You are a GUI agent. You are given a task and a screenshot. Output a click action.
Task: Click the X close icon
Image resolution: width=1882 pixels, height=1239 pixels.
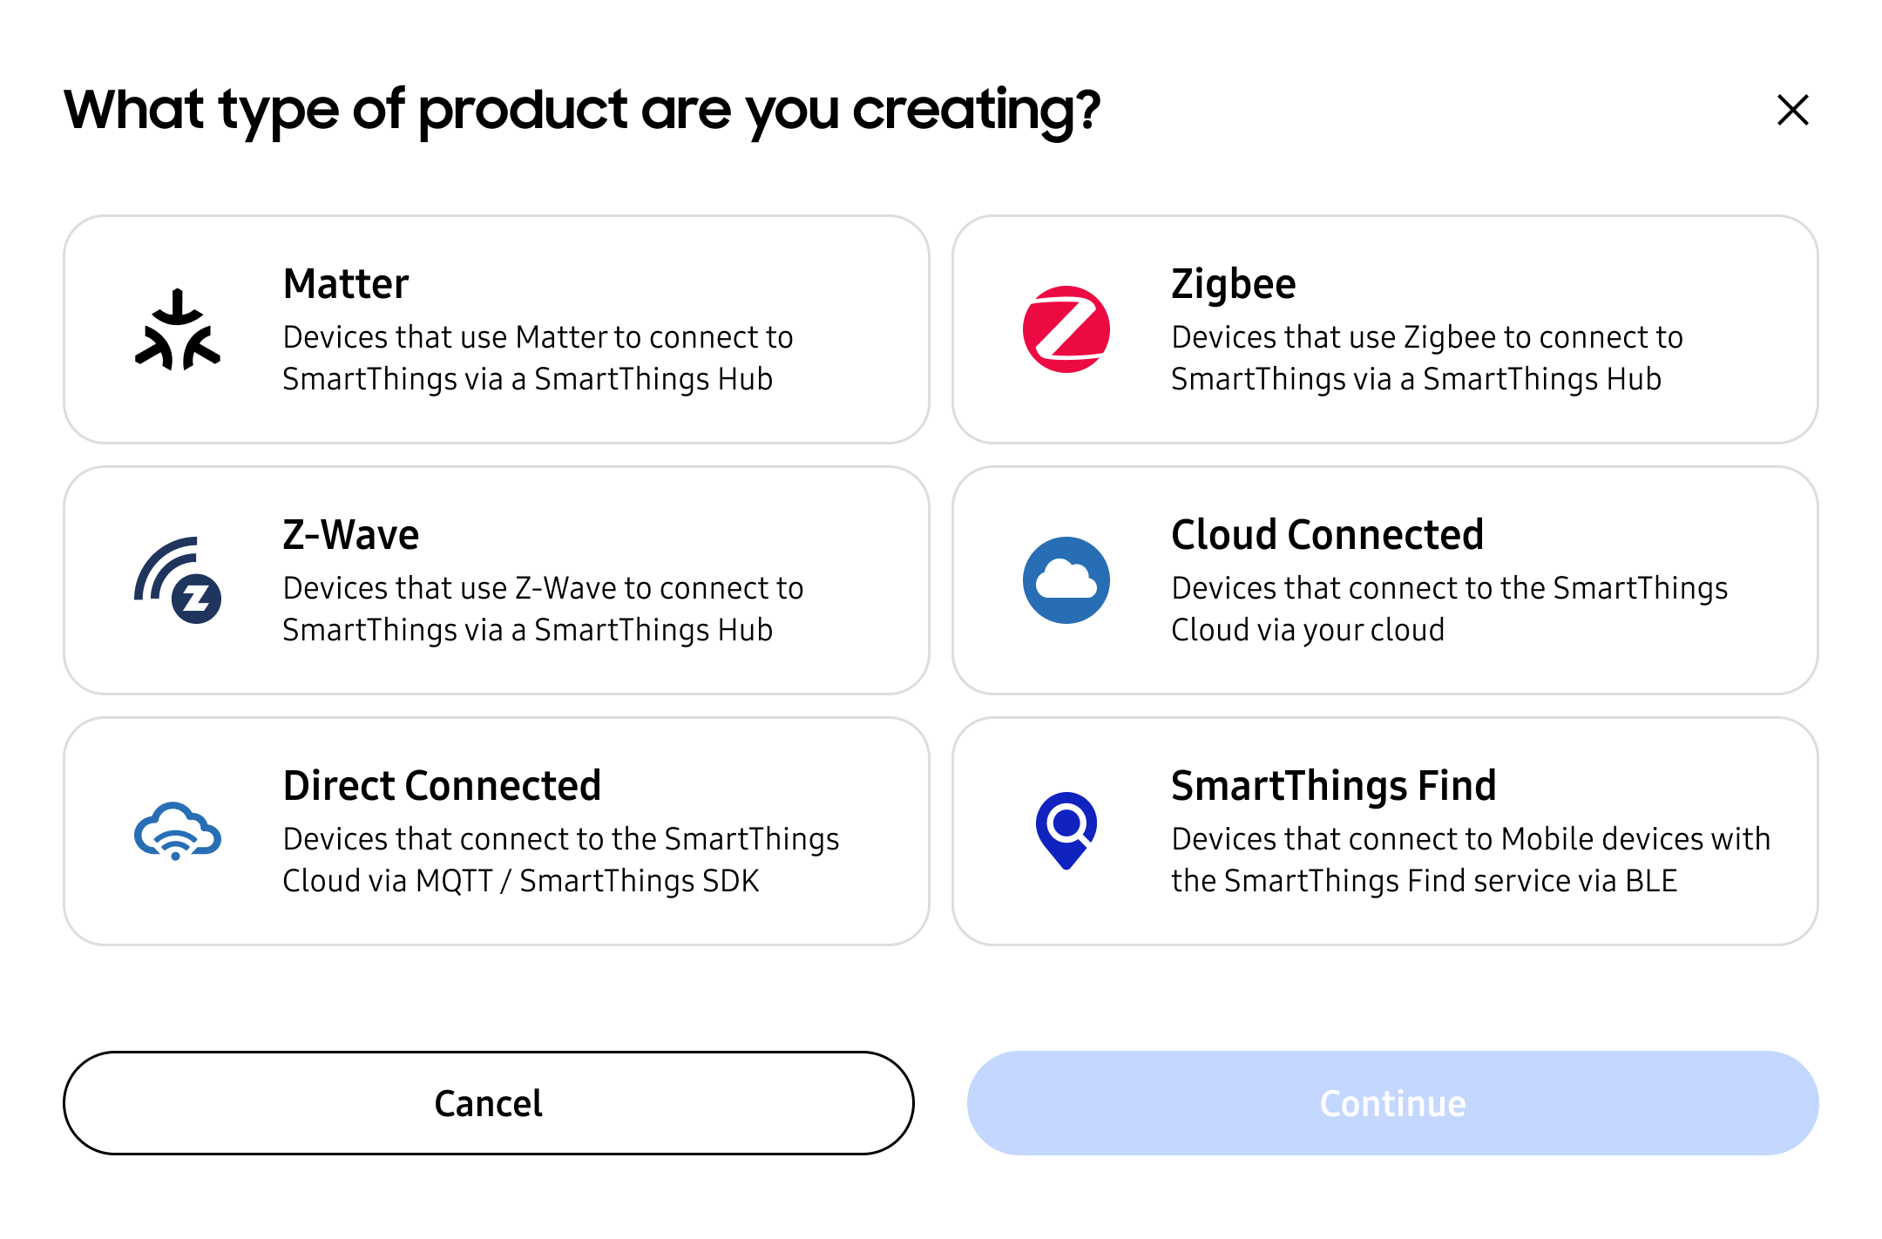coord(1792,111)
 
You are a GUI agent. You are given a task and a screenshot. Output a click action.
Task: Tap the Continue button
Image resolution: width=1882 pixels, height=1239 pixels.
coord(1392,1103)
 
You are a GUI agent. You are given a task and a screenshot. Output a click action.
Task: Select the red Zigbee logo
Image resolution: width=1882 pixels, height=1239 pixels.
coord(1066,329)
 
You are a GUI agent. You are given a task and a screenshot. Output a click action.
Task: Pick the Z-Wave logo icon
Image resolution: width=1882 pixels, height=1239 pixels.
coord(178,580)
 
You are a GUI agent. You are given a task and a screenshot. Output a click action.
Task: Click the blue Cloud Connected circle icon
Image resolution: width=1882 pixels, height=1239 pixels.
coord(1066,580)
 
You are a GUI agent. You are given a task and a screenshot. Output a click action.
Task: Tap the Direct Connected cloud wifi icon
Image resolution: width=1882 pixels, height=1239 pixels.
coord(178,831)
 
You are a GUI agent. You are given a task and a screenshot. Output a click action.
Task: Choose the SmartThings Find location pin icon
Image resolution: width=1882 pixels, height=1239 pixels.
coord(1066,829)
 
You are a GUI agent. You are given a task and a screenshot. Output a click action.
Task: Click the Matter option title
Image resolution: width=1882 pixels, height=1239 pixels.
coord(346,284)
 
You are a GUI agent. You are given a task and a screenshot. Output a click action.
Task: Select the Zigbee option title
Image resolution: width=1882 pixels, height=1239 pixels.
coord(1233,284)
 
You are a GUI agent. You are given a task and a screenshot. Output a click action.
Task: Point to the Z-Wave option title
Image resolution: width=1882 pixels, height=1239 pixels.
coord(351,535)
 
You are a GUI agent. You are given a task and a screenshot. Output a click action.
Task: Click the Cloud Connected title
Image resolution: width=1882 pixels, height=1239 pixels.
coord(1327,535)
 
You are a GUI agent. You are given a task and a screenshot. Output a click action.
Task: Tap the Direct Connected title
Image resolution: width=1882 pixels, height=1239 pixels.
coord(442,786)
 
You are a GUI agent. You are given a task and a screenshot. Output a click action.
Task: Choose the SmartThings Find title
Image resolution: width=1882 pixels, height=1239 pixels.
coord(1333,786)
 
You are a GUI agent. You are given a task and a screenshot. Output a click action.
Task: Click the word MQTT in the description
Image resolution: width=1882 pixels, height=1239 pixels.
coord(454,881)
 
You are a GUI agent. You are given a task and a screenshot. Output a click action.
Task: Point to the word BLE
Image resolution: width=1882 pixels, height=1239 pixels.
coord(1651,881)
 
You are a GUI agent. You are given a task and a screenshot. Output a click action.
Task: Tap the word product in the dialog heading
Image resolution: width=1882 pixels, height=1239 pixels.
coord(523,111)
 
